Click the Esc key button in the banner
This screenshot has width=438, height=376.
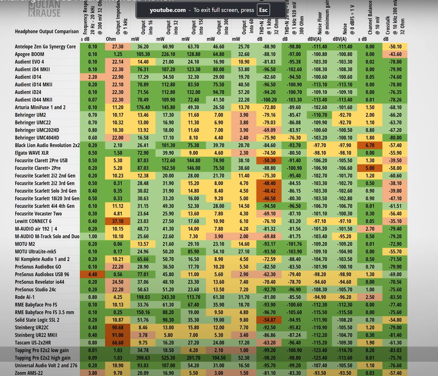coord(263,10)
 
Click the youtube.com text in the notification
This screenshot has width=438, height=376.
coord(168,10)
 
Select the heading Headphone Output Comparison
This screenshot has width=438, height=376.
coord(47,31)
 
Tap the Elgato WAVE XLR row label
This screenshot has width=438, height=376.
coord(32,153)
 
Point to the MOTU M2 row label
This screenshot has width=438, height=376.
coord(25,244)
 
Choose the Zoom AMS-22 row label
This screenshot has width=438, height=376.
coord(29,373)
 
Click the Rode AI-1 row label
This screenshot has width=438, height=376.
coord(25,297)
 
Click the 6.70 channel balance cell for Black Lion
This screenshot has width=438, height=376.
coord(370,145)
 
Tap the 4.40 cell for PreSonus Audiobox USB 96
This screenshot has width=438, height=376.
coord(93,274)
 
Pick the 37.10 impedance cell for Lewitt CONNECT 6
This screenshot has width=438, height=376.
coord(118,221)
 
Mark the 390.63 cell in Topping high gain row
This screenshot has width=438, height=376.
coord(143,358)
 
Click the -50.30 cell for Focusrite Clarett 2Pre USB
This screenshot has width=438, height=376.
coord(269,160)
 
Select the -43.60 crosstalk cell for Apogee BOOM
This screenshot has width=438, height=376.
coord(395,54)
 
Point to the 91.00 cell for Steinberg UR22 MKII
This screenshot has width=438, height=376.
coord(118,335)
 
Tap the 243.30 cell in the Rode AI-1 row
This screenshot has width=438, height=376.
coord(168,297)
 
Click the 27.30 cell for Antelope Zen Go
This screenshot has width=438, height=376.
coord(118,47)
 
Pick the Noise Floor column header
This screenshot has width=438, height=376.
coord(320,23)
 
